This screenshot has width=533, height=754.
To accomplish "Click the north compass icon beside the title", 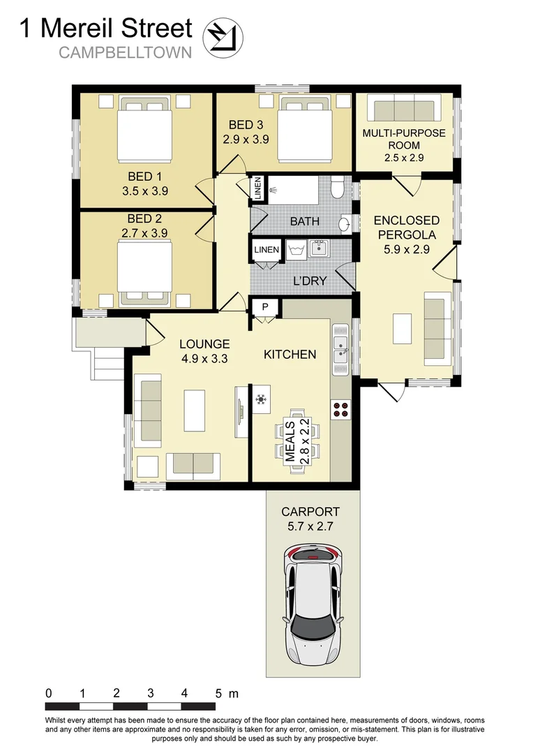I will pos(221,36).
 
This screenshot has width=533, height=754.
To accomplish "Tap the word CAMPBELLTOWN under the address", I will pos(125,52).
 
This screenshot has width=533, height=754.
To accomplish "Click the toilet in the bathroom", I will pos(338,188).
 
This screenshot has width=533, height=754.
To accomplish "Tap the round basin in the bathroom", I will pos(344,225).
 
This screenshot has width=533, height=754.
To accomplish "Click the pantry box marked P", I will pos(266,307).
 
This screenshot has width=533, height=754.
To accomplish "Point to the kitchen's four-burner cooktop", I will pos(341,410).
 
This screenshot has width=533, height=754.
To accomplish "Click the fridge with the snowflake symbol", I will pos(260,399).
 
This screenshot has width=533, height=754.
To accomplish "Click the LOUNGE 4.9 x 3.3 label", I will pos(204,351).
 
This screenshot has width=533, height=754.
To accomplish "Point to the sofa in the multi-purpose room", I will pos(404,110).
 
